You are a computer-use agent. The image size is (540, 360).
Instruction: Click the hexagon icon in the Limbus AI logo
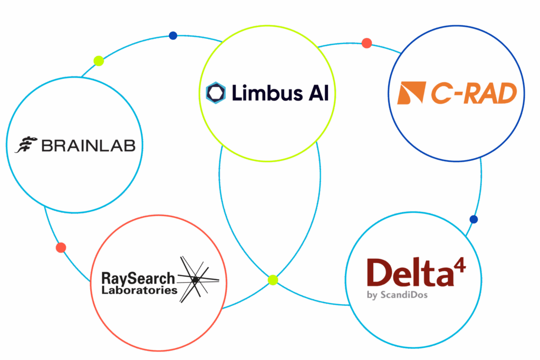(216, 93)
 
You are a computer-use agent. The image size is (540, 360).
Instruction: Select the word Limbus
(260, 93)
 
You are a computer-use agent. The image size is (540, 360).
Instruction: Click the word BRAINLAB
(88, 145)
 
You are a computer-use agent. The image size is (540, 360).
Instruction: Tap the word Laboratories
(139, 290)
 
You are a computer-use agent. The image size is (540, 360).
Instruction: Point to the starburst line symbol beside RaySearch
(196, 279)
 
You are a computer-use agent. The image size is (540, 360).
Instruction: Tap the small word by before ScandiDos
(372, 295)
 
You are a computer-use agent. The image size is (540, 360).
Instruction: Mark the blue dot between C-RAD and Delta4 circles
(474, 219)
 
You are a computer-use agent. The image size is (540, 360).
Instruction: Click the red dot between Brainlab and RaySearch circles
(61, 247)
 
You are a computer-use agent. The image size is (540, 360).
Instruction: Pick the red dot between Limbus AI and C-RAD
(367, 43)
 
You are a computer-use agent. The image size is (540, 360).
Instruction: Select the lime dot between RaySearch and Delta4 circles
(273, 279)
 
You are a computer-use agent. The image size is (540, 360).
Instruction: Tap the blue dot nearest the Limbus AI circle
(173, 36)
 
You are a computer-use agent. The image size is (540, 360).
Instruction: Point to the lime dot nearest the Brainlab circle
(99, 61)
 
